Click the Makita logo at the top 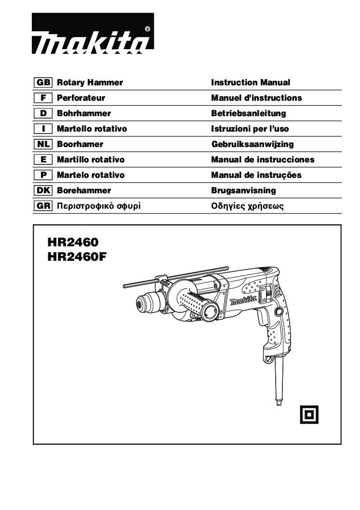click(93, 33)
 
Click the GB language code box click(43, 82)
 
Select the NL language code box click(43, 144)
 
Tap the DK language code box click(43, 190)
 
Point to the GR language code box click(43, 206)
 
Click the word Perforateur click(81, 98)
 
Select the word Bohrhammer click(84, 113)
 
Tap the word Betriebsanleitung click(249, 113)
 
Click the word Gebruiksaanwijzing click(253, 145)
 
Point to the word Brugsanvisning click(243, 190)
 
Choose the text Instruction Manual click(251, 82)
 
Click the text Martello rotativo click(92, 129)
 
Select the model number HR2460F click(77, 257)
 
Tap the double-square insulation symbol click(309, 415)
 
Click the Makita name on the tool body click(243, 300)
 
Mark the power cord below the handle click(278, 382)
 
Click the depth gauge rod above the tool click(175, 277)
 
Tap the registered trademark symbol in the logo click(147, 29)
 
